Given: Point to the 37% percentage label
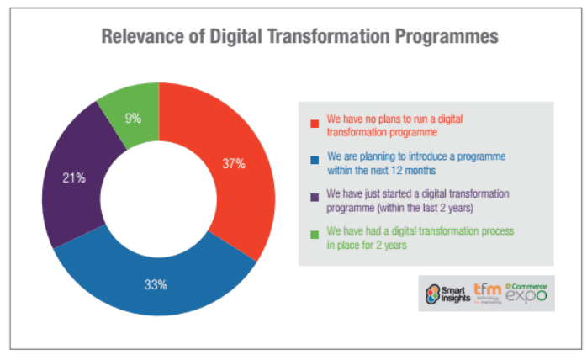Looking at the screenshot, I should (234, 163).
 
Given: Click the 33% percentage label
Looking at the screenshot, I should (156, 284).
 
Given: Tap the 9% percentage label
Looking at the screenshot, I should (133, 119).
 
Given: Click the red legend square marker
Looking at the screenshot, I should (314, 124).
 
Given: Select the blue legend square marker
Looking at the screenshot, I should (314, 159).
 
